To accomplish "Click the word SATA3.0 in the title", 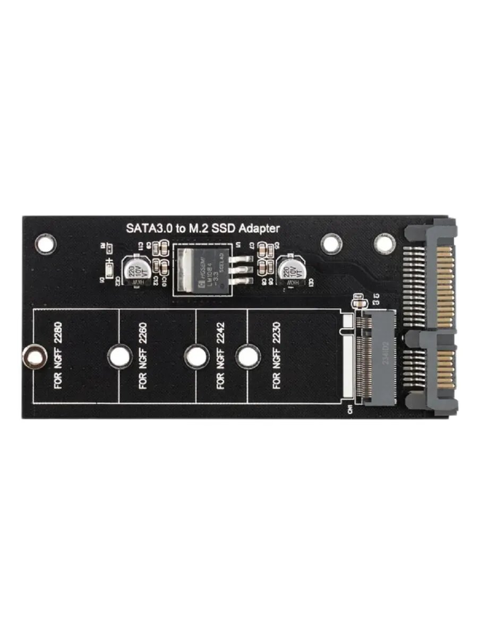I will click(146, 229).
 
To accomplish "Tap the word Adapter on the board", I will click(259, 229).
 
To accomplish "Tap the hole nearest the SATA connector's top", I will click(385, 243).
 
